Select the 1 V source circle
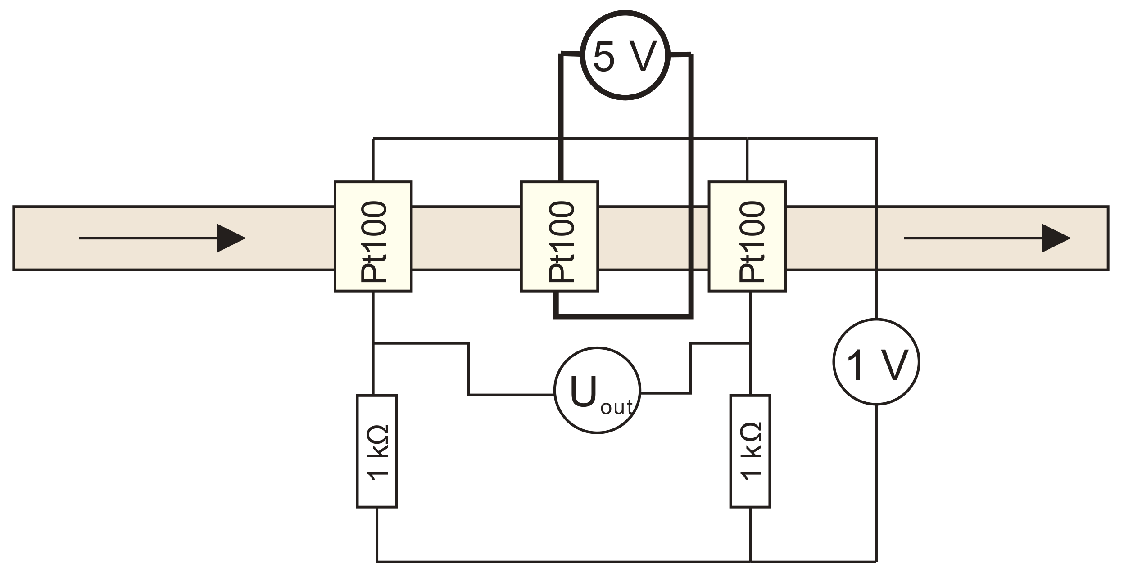pos(876,361)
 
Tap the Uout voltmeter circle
pos(597,390)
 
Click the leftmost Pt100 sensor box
pos(373,237)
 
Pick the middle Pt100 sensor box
pos(559,237)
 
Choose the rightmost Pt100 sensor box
pos(747,237)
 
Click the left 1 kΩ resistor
pos(377,451)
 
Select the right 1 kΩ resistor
pos(750,451)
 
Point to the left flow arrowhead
pos(231,238)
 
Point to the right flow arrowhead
pos(1055,238)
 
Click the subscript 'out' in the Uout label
pos(616,407)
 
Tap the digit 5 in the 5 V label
pos(604,57)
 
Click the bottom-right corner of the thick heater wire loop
pos(691,317)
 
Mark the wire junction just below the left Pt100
pos(373,344)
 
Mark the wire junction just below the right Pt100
pos(750,344)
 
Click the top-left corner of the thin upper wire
pos(373,139)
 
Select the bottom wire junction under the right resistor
pos(750,561)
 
